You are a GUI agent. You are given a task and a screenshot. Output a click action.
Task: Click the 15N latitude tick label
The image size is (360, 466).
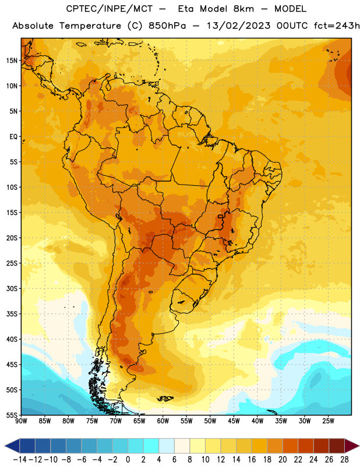click(12, 61)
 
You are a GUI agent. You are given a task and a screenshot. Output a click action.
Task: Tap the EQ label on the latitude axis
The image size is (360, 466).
click(13, 137)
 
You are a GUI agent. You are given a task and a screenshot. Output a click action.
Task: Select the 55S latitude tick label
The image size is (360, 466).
click(12, 415)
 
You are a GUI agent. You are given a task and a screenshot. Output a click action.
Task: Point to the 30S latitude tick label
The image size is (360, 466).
click(12, 288)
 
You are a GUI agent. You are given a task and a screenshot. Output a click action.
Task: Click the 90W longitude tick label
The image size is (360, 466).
click(21, 421)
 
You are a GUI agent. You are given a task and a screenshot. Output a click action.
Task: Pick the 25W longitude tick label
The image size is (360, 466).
click(328, 421)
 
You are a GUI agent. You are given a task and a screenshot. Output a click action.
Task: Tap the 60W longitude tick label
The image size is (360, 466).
click(163, 421)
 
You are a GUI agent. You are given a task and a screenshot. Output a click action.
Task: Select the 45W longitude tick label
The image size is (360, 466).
click(234, 421)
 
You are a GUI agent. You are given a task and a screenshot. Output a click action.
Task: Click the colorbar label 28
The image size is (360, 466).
click(344, 460)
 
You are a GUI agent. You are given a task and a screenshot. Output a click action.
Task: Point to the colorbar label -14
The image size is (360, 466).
click(20, 460)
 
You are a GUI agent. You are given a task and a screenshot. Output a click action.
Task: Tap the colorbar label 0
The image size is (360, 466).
click(128, 460)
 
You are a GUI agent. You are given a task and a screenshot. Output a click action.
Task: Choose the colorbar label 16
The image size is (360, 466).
click(252, 460)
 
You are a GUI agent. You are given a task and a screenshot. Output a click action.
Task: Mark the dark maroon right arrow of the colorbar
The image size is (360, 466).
click(352, 446)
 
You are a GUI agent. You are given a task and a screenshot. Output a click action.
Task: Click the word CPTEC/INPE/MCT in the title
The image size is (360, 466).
click(110, 9)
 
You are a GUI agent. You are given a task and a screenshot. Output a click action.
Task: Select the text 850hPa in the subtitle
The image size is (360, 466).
click(167, 26)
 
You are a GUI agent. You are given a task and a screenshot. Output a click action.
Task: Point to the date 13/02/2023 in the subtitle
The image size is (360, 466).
click(239, 26)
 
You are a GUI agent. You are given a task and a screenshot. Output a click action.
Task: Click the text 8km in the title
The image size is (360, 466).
click(243, 9)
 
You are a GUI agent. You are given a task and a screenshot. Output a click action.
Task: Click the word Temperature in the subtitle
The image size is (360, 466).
click(90, 26)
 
